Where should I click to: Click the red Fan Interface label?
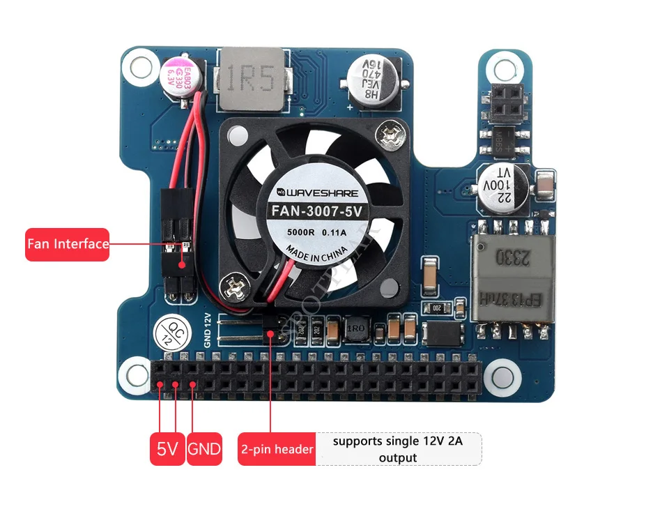point(67,244)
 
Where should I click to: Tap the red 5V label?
point(167,449)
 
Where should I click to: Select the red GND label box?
point(204,449)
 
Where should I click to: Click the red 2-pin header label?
point(277,449)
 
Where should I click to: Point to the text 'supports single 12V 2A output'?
point(398,449)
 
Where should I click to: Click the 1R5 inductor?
point(252,80)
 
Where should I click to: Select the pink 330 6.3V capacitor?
point(181,77)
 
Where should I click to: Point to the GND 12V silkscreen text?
point(207,330)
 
